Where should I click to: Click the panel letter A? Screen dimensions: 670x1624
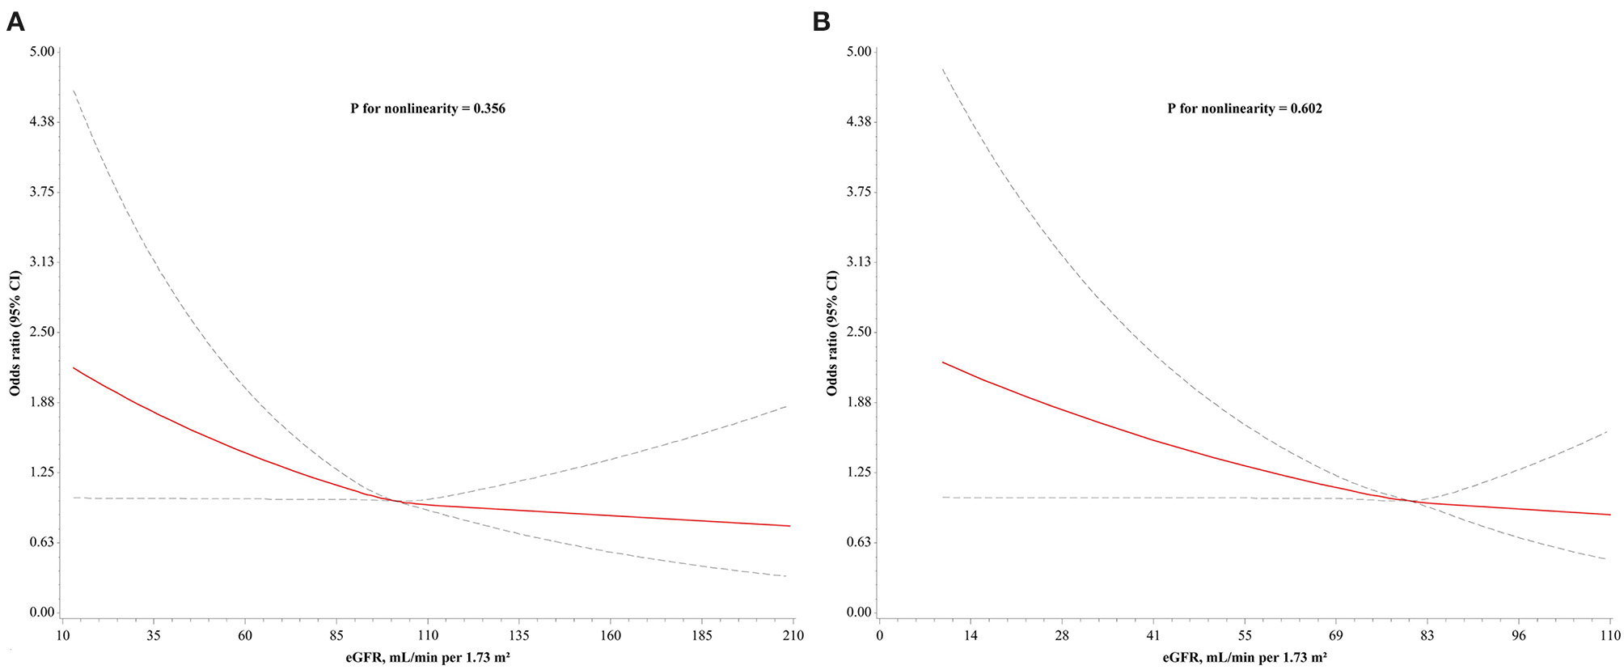tap(15, 22)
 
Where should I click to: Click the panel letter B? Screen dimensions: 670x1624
tap(821, 22)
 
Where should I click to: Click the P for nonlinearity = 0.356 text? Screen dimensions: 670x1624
tap(428, 108)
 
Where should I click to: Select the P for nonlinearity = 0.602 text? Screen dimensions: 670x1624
tap(1245, 108)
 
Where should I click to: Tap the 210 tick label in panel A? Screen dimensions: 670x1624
tap(793, 636)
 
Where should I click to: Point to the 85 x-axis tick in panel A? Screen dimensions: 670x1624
tap(336, 636)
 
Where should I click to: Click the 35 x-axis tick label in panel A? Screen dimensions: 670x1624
tap(153, 636)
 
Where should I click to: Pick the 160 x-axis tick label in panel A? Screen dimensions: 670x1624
tap(610, 636)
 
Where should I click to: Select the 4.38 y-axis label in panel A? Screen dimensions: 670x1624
tap(40, 121)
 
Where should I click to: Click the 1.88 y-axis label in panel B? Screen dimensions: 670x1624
tap(858, 402)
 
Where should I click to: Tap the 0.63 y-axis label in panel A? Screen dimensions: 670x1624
tap(40, 542)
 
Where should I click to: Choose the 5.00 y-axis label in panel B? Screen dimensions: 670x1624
tap(858, 52)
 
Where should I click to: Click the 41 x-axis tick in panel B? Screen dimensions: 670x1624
tap(1153, 636)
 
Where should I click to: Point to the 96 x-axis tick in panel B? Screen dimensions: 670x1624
tap(1519, 636)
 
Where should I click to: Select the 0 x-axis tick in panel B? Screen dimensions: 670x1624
tap(880, 636)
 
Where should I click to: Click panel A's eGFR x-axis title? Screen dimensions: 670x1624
tap(428, 658)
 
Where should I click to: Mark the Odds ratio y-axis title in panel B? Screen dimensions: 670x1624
tap(832, 333)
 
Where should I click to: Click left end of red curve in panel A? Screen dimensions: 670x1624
tap(74, 368)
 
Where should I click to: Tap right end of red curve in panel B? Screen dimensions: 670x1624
tap(1609, 515)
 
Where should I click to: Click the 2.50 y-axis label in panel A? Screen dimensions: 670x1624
tap(40, 332)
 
